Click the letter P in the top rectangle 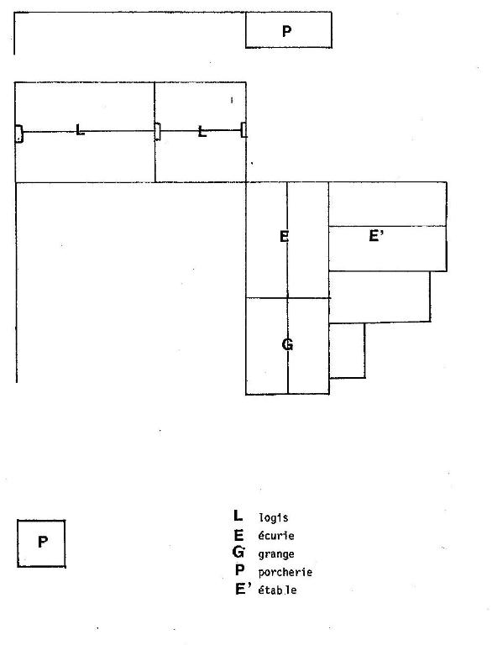287,31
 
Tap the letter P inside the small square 42,542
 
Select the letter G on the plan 287,343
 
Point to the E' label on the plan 376,236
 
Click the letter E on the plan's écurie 285,237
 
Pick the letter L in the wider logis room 81,129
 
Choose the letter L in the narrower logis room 202,132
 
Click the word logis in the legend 273,517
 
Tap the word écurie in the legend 276,536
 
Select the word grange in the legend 276,554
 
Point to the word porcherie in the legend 285,572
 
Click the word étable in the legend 277,590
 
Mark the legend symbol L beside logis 238,516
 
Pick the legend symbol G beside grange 238,552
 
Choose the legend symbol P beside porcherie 240,570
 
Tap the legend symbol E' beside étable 243,589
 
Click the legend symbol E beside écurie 238,535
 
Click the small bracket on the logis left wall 18,134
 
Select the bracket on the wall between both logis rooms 157,132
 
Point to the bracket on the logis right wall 244,130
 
